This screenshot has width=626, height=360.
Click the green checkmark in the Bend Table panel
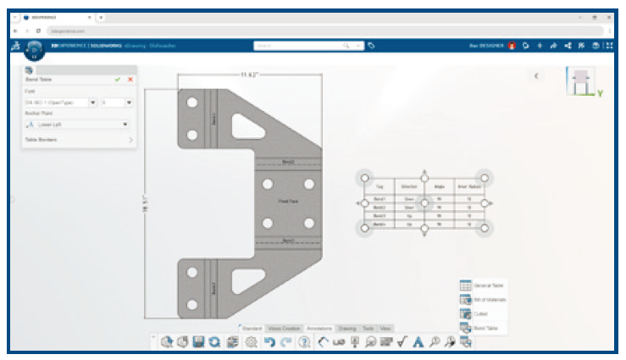(118, 79)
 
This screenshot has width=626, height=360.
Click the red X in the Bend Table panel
(130, 79)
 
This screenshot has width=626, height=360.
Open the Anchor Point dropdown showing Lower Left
(77, 124)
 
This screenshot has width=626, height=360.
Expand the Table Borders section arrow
(130, 139)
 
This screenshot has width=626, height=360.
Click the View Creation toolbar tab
(285, 327)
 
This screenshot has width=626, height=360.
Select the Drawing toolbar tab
(347, 327)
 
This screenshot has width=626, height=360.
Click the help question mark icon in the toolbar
(304, 342)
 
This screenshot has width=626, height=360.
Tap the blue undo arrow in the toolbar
(269, 342)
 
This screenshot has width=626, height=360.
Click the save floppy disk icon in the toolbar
(197, 342)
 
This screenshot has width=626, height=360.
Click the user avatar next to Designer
(512, 45)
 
